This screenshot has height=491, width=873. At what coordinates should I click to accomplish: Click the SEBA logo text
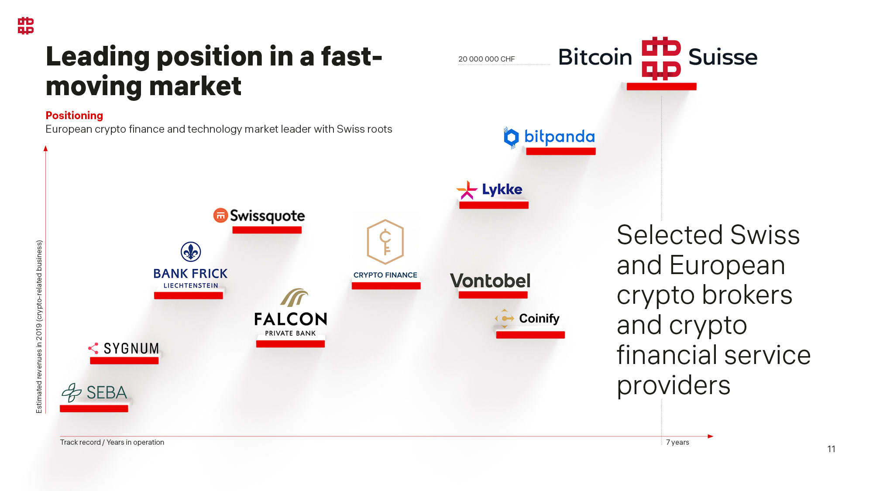tap(107, 392)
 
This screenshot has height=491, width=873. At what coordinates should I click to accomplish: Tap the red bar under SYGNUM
tap(124, 361)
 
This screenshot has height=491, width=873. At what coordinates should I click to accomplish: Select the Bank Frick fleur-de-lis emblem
tap(191, 252)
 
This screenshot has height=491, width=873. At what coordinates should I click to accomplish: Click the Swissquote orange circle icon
tap(220, 215)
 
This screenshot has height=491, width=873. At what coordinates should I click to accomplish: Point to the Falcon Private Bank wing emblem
tap(294, 297)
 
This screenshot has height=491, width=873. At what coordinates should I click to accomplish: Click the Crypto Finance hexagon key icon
tap(385, 242)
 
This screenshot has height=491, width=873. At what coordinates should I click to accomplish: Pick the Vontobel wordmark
tap(490, 281)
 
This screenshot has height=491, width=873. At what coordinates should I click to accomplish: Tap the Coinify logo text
tap(539, 319)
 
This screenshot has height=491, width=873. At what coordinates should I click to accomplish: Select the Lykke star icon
tap(467, 190)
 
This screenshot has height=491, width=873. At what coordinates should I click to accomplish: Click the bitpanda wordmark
tap(559, 137)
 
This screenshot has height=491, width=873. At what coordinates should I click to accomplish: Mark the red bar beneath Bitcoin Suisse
tap(661, 86)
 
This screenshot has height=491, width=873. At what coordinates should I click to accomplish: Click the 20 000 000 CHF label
tap(486, 59)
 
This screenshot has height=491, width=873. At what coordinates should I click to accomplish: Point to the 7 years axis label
tap(677, 442)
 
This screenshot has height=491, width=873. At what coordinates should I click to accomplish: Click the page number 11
tap(831, 449)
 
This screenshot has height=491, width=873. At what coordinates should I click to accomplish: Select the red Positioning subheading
tap(74, 115)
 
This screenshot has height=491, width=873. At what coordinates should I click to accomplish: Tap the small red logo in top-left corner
tap(26, 26)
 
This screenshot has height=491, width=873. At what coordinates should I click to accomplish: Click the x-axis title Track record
tap(112, 442)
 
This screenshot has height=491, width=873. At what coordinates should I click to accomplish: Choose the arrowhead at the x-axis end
tap(710, 436)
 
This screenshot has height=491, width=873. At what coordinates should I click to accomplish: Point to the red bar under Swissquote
tap(267, 230)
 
